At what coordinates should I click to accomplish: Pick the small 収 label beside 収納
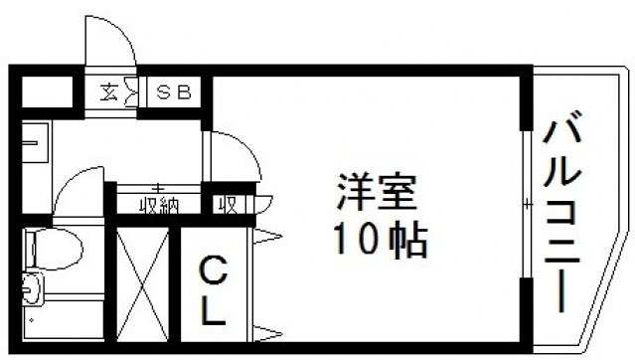tap(227, 205)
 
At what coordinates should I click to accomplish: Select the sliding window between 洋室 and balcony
tap(527, 203)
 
